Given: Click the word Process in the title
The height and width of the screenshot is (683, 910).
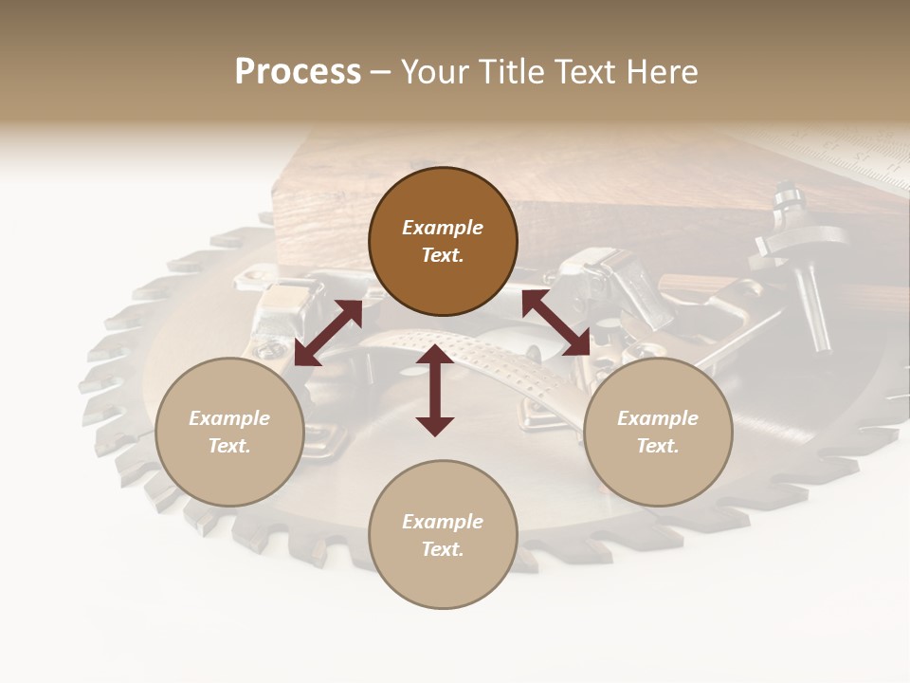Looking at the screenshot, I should click(x=298, y=72).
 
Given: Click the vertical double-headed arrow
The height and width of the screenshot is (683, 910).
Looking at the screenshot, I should click(x=435, y=390).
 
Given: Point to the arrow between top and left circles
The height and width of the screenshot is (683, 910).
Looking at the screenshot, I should click(x=328, y=332).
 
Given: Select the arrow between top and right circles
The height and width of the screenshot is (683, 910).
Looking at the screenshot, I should click(x=556, y=323).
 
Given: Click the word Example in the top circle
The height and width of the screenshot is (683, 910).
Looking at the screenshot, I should click(x=443, y=228).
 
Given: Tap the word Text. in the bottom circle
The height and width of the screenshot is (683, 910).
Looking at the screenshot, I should click(x=443, y=549).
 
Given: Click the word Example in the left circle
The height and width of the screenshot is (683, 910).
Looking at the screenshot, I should click(x=229, y=418).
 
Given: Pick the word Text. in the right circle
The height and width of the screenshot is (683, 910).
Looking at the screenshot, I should click(x=658, y=446).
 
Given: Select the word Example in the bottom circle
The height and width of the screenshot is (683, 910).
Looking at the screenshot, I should click(x=443, y=522).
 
